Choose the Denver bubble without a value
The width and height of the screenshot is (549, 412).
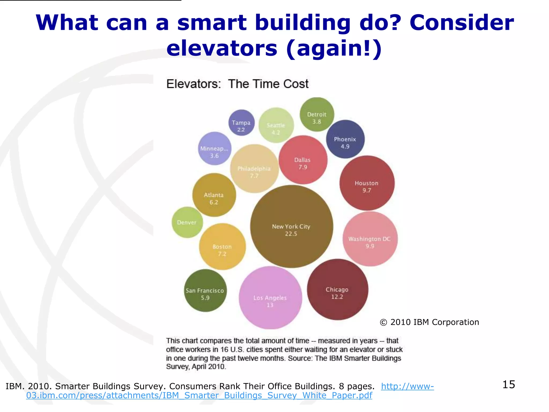187,222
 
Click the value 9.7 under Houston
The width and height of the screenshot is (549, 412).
367,191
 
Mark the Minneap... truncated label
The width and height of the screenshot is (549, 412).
214,149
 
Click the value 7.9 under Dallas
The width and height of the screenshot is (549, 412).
303,167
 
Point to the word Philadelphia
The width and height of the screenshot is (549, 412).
254,169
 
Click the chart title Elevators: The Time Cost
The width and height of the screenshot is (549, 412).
237,84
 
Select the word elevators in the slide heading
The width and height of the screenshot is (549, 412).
222,49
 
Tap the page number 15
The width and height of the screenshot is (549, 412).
509,384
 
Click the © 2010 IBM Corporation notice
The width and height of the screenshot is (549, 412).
429,322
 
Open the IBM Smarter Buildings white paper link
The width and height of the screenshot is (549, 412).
199,395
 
